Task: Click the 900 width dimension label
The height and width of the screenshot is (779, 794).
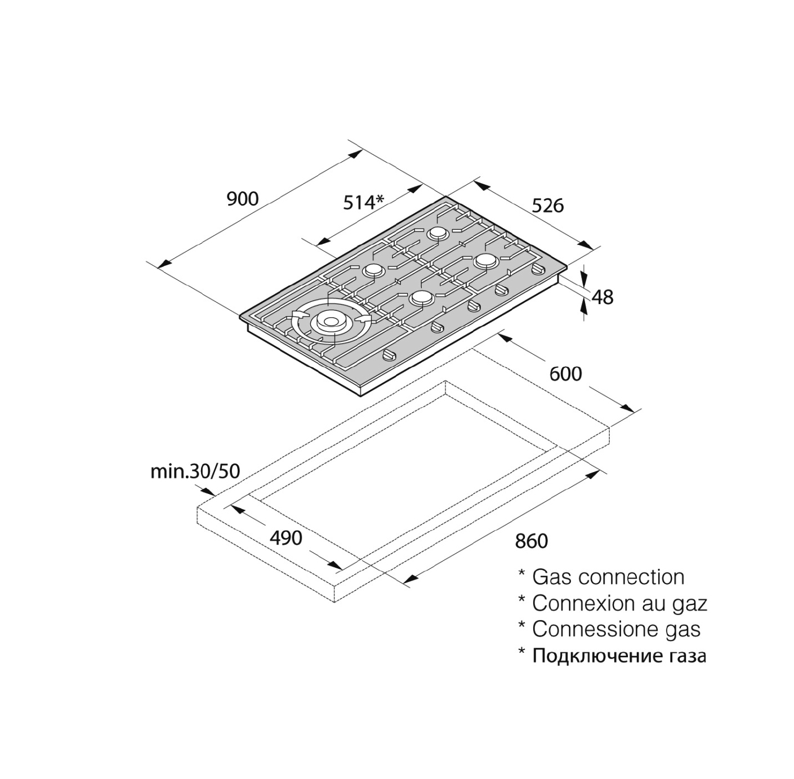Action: click(243, 199)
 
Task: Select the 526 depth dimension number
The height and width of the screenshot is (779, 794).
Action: click(547, 205)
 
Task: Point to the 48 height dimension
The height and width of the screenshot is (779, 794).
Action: click(603, 297)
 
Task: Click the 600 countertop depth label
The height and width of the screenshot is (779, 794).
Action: click(566, 374)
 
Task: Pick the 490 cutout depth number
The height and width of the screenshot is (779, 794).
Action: click(286, 537)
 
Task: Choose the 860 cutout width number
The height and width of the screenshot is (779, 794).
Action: click(532, 541)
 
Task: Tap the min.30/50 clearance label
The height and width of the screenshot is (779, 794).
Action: click(195, 471)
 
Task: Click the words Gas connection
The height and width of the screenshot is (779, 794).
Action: click(608, 577)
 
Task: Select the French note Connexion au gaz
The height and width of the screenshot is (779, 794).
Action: click(619, 603)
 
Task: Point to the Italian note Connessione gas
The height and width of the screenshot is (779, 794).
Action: click(617, 629)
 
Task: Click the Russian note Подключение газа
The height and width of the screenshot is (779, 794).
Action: click(619, 656)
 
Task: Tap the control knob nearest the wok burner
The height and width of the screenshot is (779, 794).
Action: click(389, 355)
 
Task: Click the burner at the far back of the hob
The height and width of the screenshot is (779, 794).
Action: click(436, 234)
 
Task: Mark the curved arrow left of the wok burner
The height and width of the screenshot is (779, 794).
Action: click(298, 315)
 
